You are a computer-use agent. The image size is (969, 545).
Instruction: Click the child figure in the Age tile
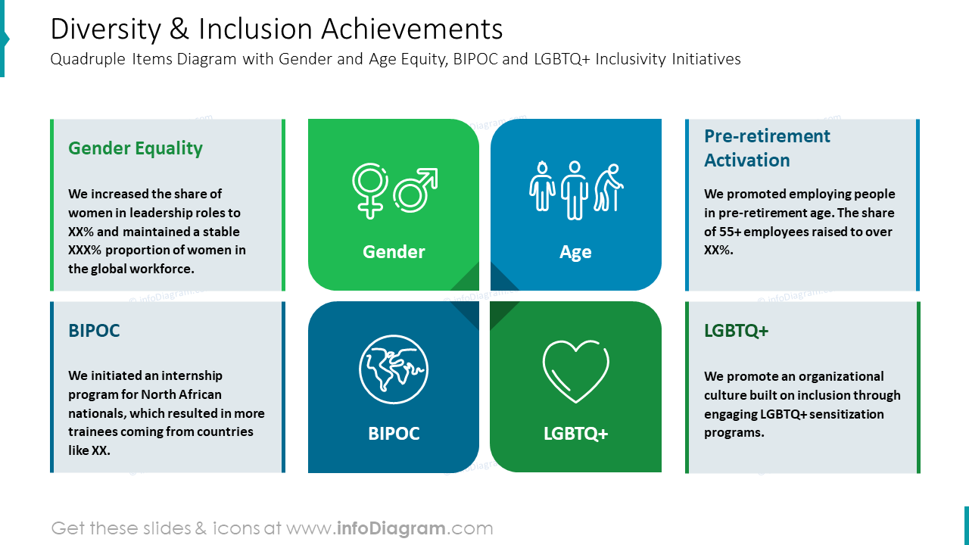(x=542, y=186)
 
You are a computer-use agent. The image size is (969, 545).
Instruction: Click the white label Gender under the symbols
(x=394, y=252)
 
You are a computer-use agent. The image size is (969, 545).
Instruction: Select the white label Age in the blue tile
(x=575, y=252)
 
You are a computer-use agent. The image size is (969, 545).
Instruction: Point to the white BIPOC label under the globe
(x=394, y=434)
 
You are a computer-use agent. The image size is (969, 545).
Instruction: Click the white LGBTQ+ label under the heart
(x=576, y=434)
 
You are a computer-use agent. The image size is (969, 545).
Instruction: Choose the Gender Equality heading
(x=136, y=148)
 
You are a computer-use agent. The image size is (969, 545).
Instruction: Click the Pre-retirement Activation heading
(x=767, y=148)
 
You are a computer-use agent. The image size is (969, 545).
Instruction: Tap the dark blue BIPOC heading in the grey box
(x=94, y=331)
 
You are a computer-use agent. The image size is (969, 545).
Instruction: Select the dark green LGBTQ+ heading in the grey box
(x=737, y=331)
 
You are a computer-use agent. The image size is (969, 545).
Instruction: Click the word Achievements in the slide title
(x=412, y=29)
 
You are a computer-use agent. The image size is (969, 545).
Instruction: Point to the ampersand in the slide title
(x=179, y=29)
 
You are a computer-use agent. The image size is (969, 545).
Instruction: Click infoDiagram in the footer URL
(x=391, y=528)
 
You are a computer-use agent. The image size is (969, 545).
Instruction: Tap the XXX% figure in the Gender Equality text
(x=84, y=250)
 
